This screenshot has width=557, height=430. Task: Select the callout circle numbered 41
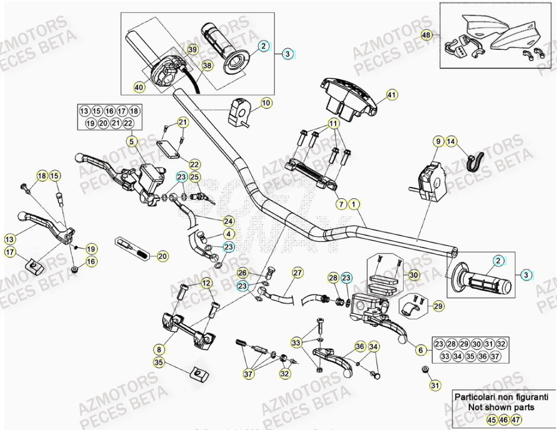(391, 94)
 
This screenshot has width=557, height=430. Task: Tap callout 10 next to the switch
(266, 103)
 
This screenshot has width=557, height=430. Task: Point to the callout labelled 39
(192, 50)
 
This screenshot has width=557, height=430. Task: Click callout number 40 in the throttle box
(139, 87)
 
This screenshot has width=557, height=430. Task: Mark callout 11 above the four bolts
(333, 124)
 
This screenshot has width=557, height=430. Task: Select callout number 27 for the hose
(297, 272)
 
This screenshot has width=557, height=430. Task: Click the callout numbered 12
(205, 284)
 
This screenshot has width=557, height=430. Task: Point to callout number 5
(131, 141)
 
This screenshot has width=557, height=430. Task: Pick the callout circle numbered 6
(421, 350)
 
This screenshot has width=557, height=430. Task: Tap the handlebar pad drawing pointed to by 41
(348, 95)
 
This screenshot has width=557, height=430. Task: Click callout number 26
(242, 272)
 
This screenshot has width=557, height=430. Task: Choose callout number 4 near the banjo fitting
(228, 234)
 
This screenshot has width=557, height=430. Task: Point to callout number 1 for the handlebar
(354, 204)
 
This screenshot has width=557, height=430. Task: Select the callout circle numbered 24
(228, 221)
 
